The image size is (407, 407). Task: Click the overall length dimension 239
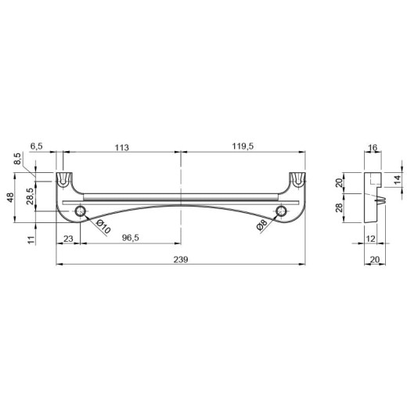(181, 260)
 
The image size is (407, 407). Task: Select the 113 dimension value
(122, 148)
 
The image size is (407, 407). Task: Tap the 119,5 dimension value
(243, 146)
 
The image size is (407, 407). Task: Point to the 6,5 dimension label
(37, 146)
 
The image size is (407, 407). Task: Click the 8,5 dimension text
(17, 159)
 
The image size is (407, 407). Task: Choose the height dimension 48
(10, 197)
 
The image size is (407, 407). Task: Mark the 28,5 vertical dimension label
(30, 196)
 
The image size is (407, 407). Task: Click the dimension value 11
(31, 240)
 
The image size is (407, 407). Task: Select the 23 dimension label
(68, 239)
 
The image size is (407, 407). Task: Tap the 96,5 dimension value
(131, 238)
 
